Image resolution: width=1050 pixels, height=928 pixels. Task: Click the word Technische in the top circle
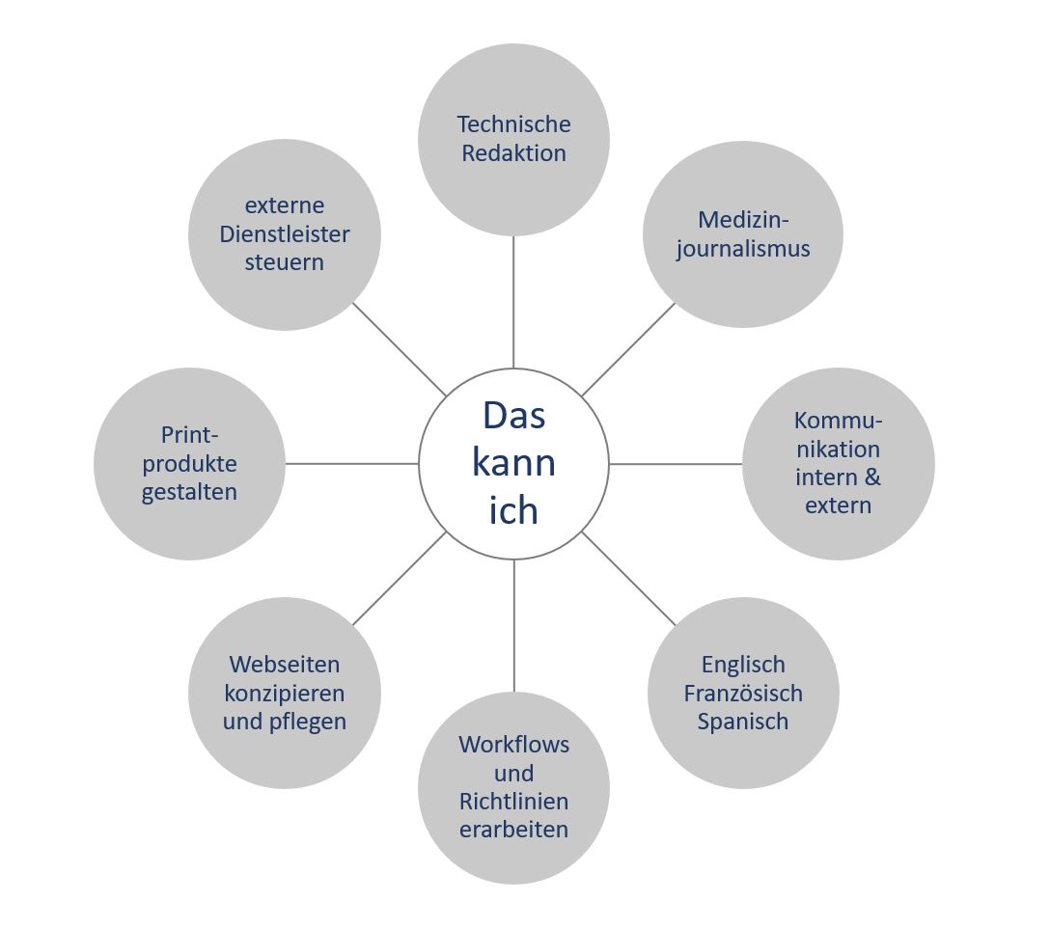[x=513, y=124]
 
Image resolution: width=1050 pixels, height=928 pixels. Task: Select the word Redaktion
[x=513, y=153]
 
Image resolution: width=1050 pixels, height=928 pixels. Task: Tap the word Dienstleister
[x=285, y=234]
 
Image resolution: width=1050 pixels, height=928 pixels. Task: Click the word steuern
[x=285, y=262]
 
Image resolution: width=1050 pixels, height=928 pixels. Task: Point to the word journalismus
[x=743, y=249]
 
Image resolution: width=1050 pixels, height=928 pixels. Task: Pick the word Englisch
[x=743, y=665]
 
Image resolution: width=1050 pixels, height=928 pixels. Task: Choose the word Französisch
[x=743, y=694]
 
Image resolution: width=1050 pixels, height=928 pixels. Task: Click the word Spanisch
[x=743, y=722]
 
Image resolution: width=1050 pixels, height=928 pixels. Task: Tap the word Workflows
[x=513, y=745]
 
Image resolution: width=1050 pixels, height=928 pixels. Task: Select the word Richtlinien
[x=513, y=802]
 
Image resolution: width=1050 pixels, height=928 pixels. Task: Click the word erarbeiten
[x=513, y=830]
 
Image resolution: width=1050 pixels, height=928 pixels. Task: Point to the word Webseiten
[x=285, y=665]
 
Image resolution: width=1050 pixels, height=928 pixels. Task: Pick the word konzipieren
[x=285, y=694]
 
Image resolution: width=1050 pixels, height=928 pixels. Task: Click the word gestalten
[x=189, y=492]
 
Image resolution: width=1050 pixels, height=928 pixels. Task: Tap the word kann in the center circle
[x=513, y=463]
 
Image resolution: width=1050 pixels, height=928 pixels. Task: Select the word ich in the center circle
[x=513, y=510]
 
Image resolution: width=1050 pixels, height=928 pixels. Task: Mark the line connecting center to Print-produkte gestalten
[x=352, y=464]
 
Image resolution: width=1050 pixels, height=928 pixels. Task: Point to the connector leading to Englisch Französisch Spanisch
[x=629, y=579]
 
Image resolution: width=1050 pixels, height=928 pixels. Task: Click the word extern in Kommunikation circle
[x=838, y=505]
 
